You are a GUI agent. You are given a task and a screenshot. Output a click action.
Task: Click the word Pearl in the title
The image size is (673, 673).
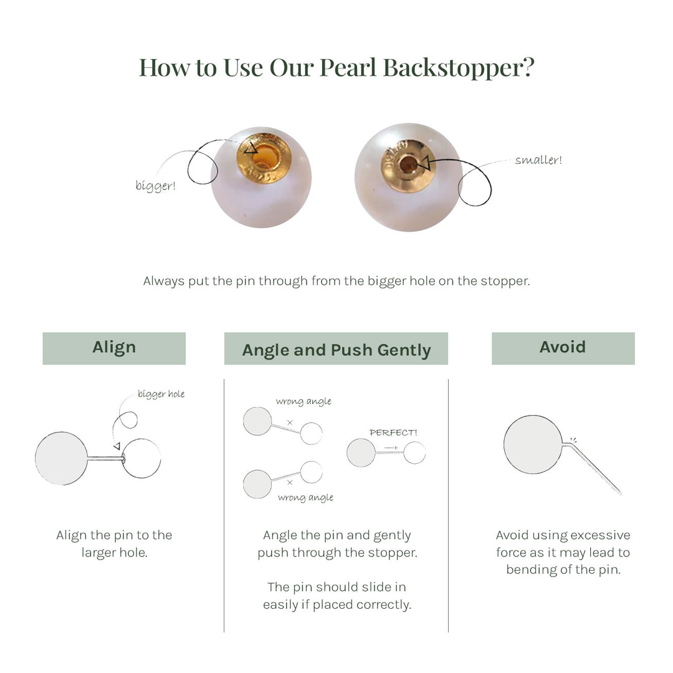tap(348, 67)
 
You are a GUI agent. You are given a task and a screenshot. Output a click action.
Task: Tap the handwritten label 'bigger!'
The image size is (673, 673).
tap(155, 186)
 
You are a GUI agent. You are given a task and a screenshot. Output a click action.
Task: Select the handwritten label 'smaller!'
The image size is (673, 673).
tap(538, 160)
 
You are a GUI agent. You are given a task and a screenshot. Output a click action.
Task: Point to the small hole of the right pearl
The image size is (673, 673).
tap(408, 165)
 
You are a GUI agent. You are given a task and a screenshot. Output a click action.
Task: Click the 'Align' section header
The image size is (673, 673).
tap(114, 348)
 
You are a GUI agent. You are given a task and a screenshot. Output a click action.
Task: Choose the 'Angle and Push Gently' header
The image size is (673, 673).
tap(336, 349)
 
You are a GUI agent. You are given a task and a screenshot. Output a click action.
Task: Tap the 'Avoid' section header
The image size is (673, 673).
tap(563, 348)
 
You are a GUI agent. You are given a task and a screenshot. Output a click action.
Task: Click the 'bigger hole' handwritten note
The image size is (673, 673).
tap(161, 394)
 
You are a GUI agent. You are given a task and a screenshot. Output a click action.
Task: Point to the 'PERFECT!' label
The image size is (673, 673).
tap(393, 432)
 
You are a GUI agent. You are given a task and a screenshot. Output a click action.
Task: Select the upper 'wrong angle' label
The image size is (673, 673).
tap(303, 401)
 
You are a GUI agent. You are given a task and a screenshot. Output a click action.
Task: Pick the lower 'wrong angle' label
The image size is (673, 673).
tap(305, 497)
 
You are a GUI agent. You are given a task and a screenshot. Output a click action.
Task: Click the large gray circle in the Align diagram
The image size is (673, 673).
tap(62, 459)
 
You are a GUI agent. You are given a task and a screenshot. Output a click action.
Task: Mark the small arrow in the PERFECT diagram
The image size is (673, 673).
tap(391, 448)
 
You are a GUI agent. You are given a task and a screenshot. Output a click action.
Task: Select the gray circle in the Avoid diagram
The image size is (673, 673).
tap(533, 445)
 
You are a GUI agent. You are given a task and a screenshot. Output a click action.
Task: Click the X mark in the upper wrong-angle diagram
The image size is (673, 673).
tap(290, 422)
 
